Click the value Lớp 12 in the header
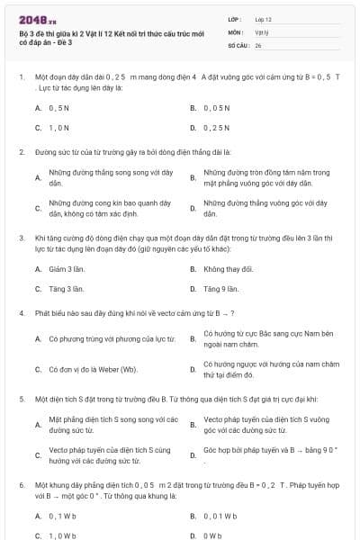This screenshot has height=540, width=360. (x=263, y=18)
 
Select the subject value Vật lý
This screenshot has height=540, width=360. (x=261, y=31)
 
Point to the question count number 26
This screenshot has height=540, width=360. (x=258, y=43)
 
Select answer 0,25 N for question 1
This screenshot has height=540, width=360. (x=216, y=127)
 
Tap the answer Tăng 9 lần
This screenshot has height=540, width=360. (x=220, y=289)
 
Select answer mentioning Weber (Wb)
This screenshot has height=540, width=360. (x=93, y=369)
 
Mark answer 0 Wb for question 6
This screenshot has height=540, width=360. (x=212, y=535)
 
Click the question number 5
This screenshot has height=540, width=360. (x=22, y=396)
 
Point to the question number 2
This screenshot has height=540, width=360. (x=22, y=152)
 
